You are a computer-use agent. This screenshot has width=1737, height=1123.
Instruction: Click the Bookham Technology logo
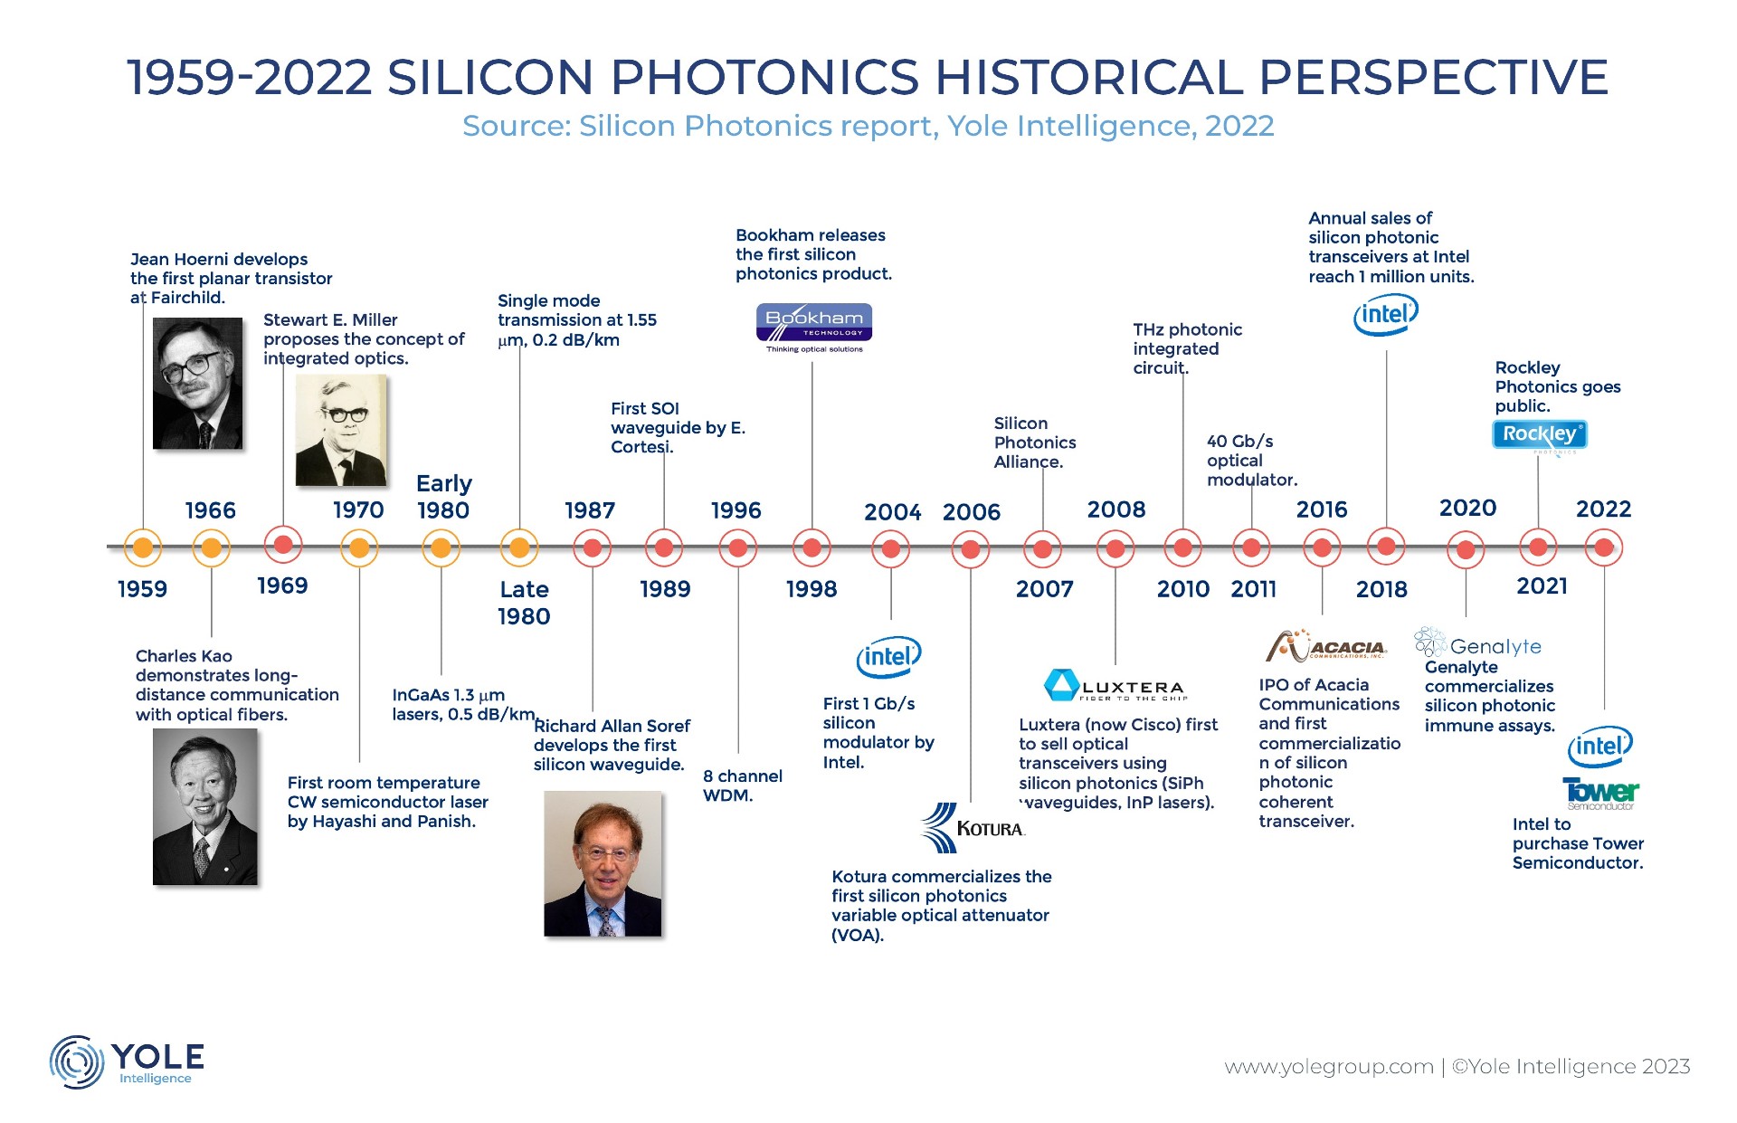point(814,328)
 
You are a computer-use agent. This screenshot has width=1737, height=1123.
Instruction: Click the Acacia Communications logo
point(1326,646)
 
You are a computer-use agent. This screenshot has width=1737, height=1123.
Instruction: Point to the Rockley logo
point(1540,435)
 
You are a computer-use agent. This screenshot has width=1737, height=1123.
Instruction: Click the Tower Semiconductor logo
point(1600,794)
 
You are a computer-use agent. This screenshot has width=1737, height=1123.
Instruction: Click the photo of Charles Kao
point(205,806)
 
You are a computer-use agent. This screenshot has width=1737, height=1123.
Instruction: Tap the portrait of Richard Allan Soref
point(603,863)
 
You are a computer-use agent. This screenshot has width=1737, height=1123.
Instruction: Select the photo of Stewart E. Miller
point(341,431)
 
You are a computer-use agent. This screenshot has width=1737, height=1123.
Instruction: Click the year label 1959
point(142,589)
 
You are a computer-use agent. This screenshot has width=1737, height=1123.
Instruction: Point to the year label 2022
point(1603,509)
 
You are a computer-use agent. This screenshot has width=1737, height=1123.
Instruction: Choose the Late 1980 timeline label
point(524,603)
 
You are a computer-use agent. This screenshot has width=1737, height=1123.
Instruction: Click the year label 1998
point(812,589)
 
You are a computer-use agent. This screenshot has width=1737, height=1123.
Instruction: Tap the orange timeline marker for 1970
point(359,547)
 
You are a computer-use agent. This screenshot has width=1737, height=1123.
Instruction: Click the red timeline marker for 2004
point(891,548)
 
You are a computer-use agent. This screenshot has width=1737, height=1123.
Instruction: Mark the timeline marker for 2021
point(1538,547)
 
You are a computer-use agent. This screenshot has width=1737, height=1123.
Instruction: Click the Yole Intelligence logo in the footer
point(127,1061)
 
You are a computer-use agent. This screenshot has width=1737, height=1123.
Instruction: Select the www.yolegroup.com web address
point(1329,1067)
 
